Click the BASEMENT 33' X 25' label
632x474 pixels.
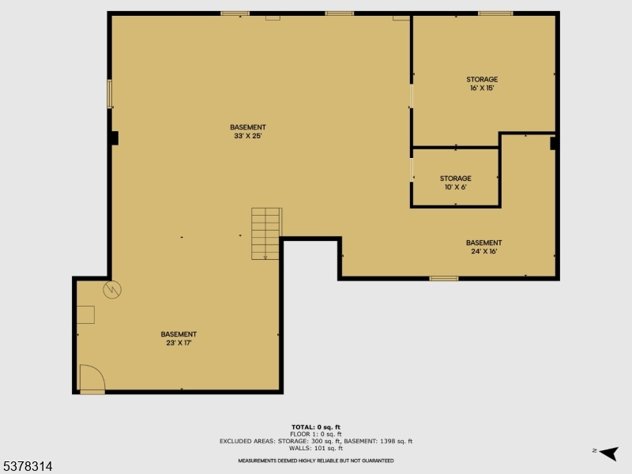pos(248,131)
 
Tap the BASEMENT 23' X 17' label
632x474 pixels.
pos(179,338)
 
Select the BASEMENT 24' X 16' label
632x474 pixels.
pos(483,246)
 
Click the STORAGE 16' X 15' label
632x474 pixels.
pos(482,83)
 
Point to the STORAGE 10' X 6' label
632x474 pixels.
pos(455,182)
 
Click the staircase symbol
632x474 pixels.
pos(266,233)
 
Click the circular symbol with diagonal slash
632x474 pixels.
pos(114,289)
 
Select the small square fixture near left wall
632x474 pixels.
pos(85,314)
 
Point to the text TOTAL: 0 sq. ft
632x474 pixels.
pos(316,427)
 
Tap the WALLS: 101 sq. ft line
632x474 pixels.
pos(316,448)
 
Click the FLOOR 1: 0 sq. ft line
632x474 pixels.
pos(316,434)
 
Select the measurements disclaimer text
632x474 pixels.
pos(316,461)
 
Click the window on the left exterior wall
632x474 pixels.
pos(110,93)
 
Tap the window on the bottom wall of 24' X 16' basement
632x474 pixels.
pos(444,278)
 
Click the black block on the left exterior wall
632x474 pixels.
pos(115,138)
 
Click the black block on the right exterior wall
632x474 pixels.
pos(554,144)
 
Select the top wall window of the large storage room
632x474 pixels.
pos(495,13)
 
